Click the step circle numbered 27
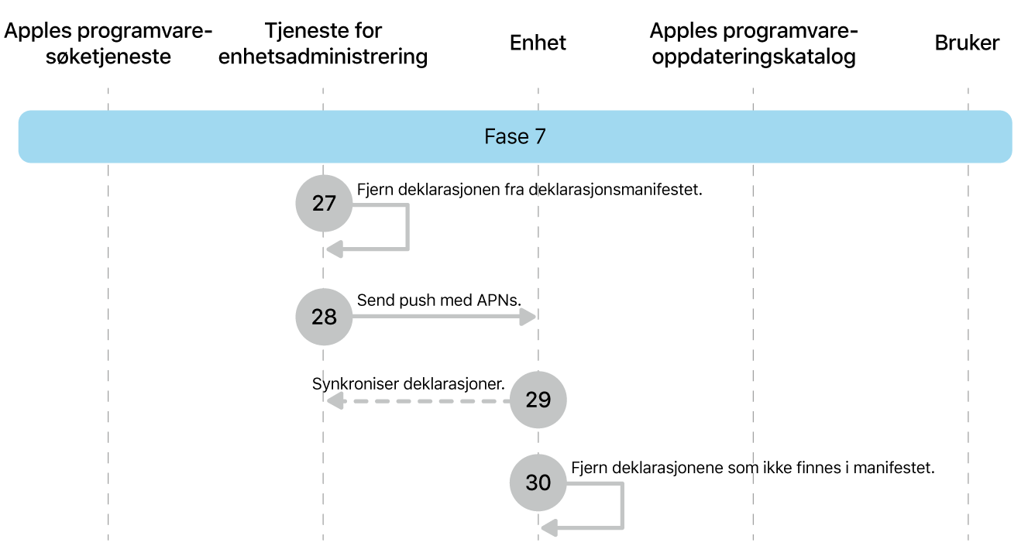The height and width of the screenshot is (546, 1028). click(324, 204)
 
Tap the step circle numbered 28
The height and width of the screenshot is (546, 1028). click(324, 317)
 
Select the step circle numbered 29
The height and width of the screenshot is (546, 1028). click(538, 400)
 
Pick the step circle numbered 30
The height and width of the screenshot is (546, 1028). click(538, 482)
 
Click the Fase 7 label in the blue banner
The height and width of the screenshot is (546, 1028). click(515, 137)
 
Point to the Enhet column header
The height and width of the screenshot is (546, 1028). click(538, 43)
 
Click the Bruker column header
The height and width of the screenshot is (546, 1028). click(967, 43)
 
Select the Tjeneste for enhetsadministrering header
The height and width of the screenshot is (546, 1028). click(323, 43)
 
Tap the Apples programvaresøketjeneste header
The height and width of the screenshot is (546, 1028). click(108, 43)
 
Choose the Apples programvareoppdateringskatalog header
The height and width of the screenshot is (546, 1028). click(753, 43)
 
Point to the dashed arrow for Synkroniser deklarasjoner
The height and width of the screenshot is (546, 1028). click(418, 401)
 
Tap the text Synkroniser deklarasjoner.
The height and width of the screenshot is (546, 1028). click(408, 384)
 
